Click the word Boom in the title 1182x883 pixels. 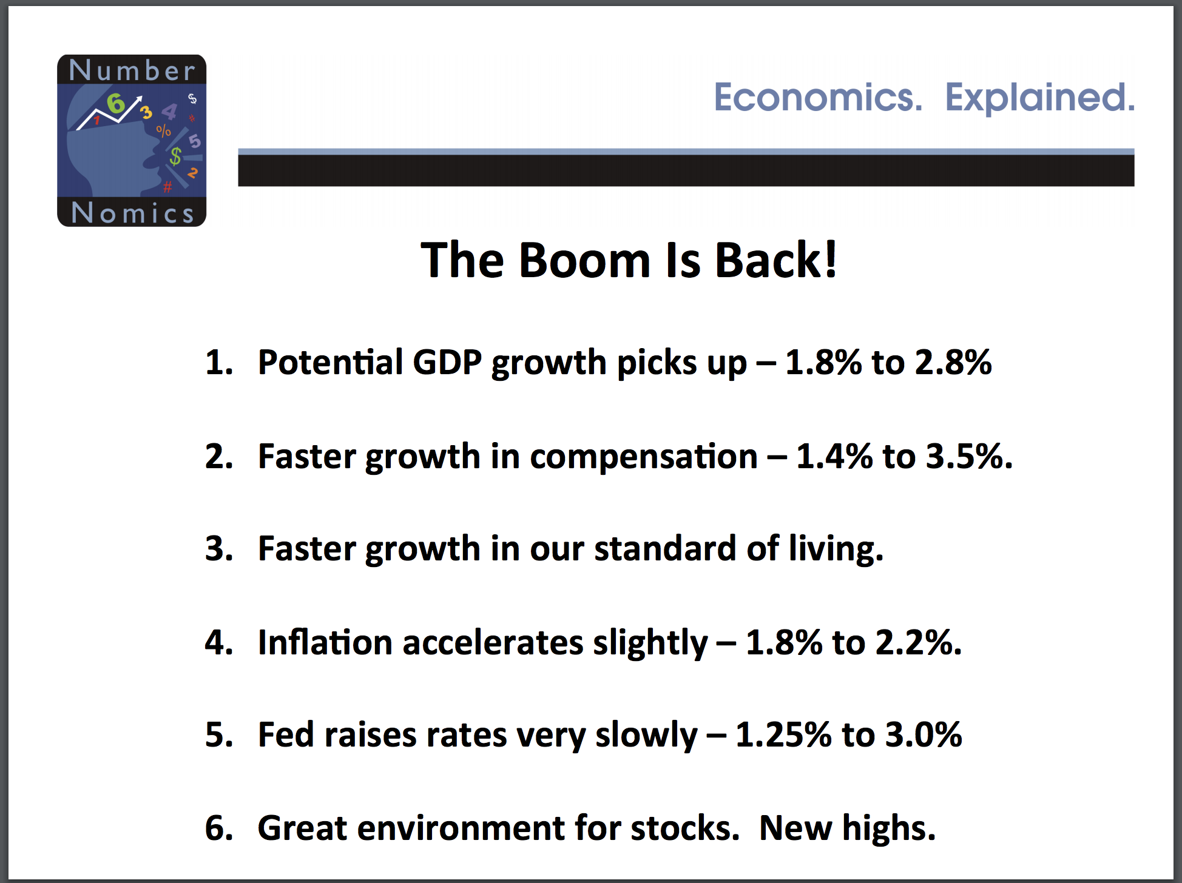pyautogui.click(x=584, y=260)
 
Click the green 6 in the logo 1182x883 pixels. pyautogui.click(x=116, y=104)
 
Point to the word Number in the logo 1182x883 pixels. pyautogui.click(x=132, y=70)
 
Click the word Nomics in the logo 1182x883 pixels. pyautogui.click(x=132, y=213)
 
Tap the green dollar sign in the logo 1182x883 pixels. pyautogui.click(x=175, y=156)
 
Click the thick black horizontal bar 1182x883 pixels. pyautogui.click(x=686, y=170)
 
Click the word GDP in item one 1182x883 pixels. pyautogui.click(x=447, y=362)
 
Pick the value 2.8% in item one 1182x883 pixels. pyautogui.click(x=953, y=362)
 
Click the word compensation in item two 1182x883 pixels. pyautogui.click(x=644, y=457)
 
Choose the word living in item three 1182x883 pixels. pyautogui.click(x=836, y=549)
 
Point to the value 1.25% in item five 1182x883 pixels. pyautogui.click(x=783, y=734)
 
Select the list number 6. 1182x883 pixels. pyautogui.click(x=219, y=828)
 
